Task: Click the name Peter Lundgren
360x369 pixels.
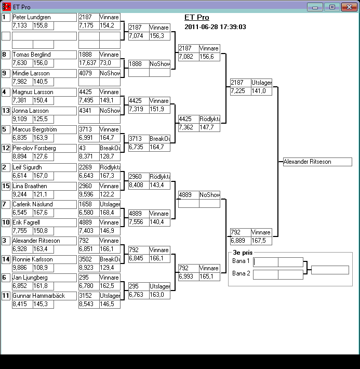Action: pos(31,17)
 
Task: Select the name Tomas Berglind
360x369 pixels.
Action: pos(31,55)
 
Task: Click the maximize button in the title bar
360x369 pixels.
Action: pos(331,7)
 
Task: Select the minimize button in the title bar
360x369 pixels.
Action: pos(315,7)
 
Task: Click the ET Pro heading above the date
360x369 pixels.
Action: pos(196,18)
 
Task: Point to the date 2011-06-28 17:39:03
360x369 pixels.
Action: pos(215,27)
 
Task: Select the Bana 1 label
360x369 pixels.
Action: pos(241,261)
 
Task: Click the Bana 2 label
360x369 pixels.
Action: pos(241,273)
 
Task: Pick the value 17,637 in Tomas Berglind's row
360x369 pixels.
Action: pos(87,63)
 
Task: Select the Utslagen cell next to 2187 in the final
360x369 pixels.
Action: pos(261,83)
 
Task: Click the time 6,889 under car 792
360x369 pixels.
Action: pos(238,241)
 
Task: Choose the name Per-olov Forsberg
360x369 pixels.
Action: pos(34,148)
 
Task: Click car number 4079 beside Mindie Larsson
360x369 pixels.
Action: pos(87,73)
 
